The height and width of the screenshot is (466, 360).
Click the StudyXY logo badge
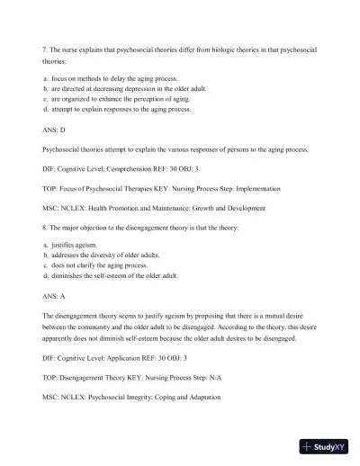326,446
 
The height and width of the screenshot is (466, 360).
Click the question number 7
44,46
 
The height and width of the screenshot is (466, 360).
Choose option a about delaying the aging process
109,79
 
